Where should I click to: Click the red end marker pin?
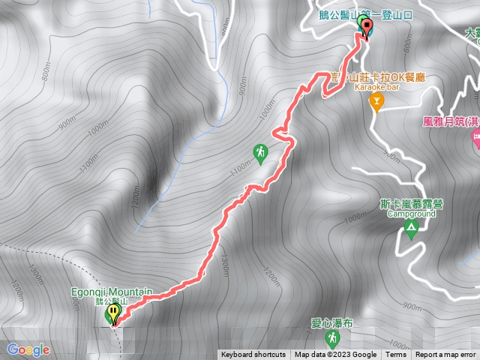367,28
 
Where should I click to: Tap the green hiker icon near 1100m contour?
260,153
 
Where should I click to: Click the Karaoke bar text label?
376,88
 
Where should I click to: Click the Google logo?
28,349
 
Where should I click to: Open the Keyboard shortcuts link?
253,355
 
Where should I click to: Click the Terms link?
395,355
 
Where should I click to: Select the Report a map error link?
446,355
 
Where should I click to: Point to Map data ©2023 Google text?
335,355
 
